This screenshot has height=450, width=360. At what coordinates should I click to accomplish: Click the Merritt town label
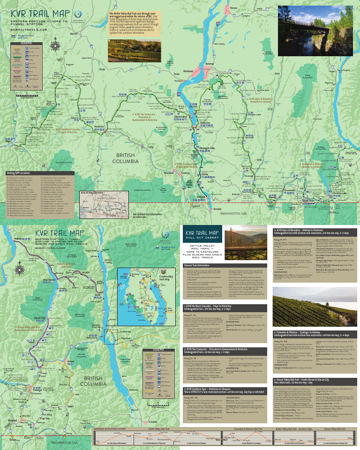[73, 33]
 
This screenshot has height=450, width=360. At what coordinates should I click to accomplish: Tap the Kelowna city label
[209, 63]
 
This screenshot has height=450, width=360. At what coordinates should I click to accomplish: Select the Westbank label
[187, 71]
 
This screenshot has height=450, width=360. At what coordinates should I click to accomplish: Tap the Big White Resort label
[262, 90]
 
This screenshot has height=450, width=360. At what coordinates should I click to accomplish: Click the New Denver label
[50, 279]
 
